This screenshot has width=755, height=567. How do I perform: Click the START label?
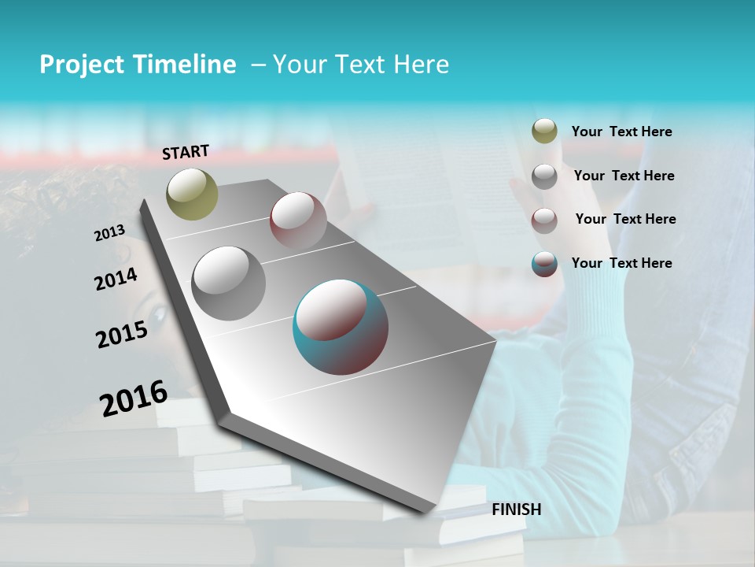click(186, 152)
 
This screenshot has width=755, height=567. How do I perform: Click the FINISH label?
click(517, 510)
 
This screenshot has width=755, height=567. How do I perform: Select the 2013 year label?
click(109, 232)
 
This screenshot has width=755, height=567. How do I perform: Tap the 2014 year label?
click(116, 279)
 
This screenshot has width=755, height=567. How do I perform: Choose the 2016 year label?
click(134, 398)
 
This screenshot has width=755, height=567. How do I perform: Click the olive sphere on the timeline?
click(193, 194)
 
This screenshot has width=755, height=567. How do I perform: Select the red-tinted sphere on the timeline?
click(298, 220)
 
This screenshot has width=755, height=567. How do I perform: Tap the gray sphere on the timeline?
click(228, 283)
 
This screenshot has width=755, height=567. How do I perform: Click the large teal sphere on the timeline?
click(341, 327)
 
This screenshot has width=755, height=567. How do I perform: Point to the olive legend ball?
click(544, 132)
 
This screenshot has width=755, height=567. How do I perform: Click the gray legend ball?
click(544, 176)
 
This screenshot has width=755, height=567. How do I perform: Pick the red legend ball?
click(544, 220)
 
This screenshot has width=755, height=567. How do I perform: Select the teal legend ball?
click(544, 264)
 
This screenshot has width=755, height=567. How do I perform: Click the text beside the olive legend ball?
click(621, 132)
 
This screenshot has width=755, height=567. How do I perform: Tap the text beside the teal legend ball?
click(621, 263)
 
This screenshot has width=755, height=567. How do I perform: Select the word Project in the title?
click(83, 65)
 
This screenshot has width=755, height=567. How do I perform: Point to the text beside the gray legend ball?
click(624, 176)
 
